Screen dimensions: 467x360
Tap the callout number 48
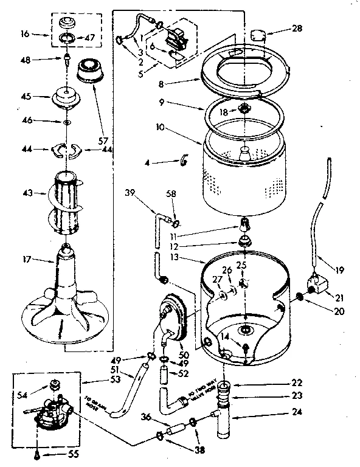tap(25, 59)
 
